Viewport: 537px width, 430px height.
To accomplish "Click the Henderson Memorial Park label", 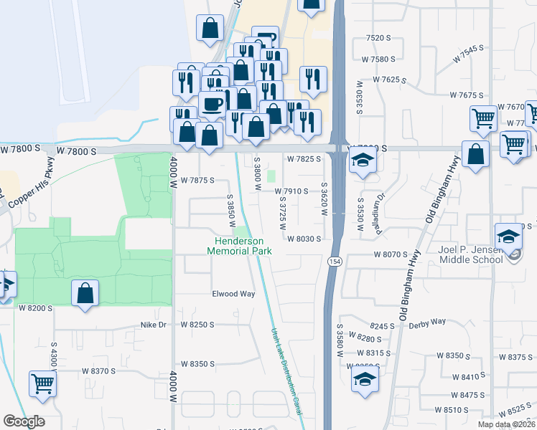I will pos(240,247).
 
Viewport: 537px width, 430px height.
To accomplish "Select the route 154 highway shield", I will pos(334,262).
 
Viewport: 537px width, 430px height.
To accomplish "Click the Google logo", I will pos(24,421).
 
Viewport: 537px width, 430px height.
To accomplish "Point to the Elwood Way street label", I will pos(233,294).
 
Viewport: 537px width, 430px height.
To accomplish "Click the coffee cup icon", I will pos(212,104).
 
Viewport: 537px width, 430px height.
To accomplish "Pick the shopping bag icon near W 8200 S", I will pos(85,292).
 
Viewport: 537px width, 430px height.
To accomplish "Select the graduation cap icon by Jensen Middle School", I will pos(509,236).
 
